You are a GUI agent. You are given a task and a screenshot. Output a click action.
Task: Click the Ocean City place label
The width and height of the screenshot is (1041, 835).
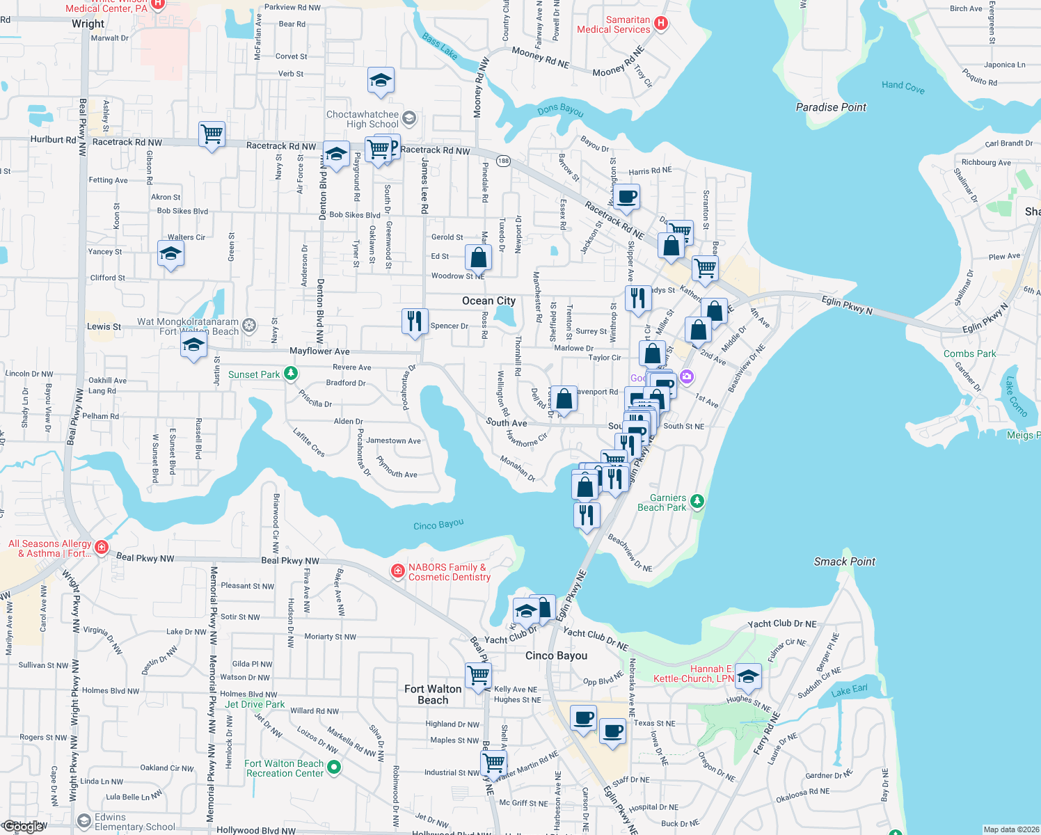488,301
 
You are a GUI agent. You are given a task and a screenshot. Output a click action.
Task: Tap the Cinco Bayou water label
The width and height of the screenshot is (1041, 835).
438,525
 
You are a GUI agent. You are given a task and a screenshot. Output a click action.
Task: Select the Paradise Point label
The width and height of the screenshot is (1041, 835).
831,107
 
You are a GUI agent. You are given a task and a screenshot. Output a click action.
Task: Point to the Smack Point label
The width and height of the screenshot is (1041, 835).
844,562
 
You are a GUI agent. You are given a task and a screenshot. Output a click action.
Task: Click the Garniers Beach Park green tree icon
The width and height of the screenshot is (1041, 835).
697,501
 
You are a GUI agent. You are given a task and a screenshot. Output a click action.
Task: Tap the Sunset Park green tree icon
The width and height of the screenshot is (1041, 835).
291,374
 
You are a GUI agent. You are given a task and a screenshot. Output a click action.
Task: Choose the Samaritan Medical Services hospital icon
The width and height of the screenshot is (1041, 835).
661,24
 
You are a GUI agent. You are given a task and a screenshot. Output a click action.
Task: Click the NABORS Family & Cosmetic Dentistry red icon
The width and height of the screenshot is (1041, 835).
398,571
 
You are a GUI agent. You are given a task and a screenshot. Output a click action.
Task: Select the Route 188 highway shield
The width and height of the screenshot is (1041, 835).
503,161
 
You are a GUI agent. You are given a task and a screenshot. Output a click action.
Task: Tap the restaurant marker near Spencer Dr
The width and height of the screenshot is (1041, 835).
415,321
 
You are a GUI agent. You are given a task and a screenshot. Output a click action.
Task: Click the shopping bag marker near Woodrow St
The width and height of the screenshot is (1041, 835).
479,257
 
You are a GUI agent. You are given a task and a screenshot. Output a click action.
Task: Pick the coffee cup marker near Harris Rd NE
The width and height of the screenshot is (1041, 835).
626,197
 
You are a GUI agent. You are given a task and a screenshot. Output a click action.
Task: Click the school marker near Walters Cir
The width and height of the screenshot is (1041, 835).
170,255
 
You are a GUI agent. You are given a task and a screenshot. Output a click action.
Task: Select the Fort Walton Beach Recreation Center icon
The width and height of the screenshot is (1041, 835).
334,768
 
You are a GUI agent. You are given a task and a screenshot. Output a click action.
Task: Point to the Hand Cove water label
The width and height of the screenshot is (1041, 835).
903,86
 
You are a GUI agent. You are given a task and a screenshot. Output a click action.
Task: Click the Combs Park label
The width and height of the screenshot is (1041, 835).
969,353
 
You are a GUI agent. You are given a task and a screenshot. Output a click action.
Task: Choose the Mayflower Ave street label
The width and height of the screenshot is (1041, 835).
319,351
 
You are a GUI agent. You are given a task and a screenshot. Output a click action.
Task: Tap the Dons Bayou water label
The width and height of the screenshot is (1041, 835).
560,110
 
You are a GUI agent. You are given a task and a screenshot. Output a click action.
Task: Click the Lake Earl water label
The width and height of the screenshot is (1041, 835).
850,690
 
